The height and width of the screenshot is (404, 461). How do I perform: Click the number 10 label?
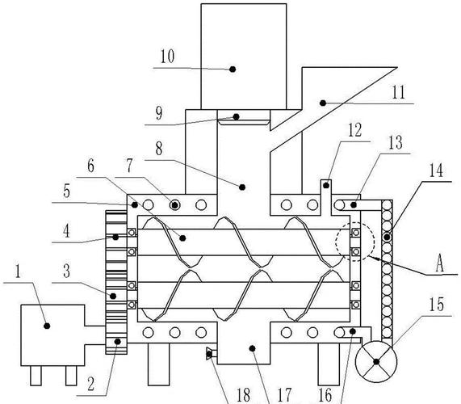167,57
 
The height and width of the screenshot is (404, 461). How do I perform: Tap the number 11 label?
399,92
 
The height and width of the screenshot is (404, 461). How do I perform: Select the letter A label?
439,263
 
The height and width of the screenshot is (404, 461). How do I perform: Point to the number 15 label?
436,305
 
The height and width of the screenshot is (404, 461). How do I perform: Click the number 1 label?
19,271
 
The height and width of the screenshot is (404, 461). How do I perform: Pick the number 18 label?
244,395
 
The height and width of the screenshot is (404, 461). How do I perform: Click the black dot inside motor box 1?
47,326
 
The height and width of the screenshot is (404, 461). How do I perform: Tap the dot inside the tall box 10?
233,69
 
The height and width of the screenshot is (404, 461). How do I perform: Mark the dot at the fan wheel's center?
376,362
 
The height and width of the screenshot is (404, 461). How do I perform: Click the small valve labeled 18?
209,353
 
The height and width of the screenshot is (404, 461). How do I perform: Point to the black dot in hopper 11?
323,103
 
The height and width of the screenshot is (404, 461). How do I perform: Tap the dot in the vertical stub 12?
325,185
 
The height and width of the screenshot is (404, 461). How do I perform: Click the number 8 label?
159,149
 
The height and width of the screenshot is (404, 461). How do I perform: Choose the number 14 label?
436,170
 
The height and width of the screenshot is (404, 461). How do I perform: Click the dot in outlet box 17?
252,348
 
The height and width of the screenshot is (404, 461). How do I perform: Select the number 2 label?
91,384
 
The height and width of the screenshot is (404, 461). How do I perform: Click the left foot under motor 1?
36,376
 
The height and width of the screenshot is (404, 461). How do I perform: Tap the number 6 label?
91,166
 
